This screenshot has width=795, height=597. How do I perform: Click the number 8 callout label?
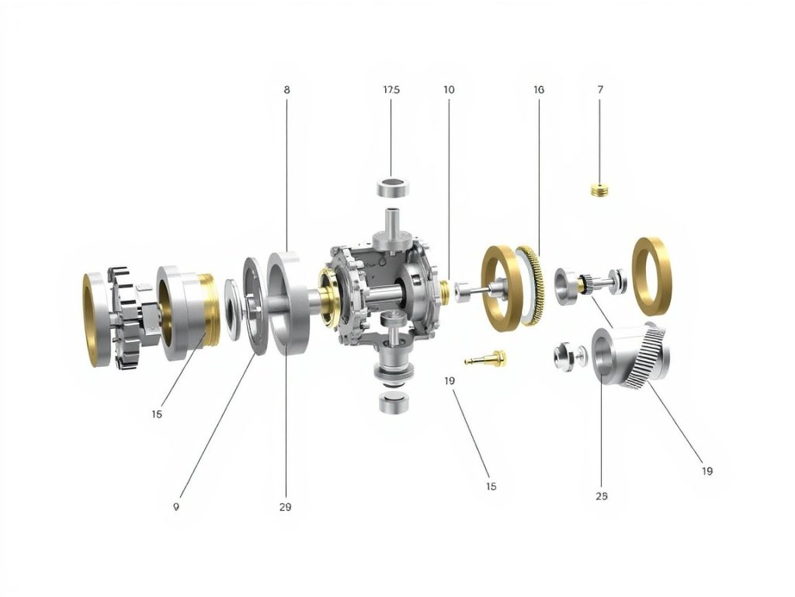tap(287, 90)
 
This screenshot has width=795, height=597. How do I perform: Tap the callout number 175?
tap(391, 90)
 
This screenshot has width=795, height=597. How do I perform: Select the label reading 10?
tap(449, 90)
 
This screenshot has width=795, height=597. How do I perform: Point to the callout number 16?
tap(539, 90)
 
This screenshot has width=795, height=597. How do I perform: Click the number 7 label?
tap(600, 90)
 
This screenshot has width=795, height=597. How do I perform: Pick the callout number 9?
tap(176, 506)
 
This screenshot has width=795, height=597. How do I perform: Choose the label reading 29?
tap(285, 507)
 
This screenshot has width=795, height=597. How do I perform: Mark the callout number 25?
tap(602, 496)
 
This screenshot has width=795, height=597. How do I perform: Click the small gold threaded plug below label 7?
tap(599, 190)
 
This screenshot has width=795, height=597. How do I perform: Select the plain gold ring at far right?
tap(652, 276)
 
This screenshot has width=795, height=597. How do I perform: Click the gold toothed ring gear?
tap(533, 285)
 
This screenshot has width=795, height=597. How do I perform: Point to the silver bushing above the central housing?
tap(392, 187)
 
